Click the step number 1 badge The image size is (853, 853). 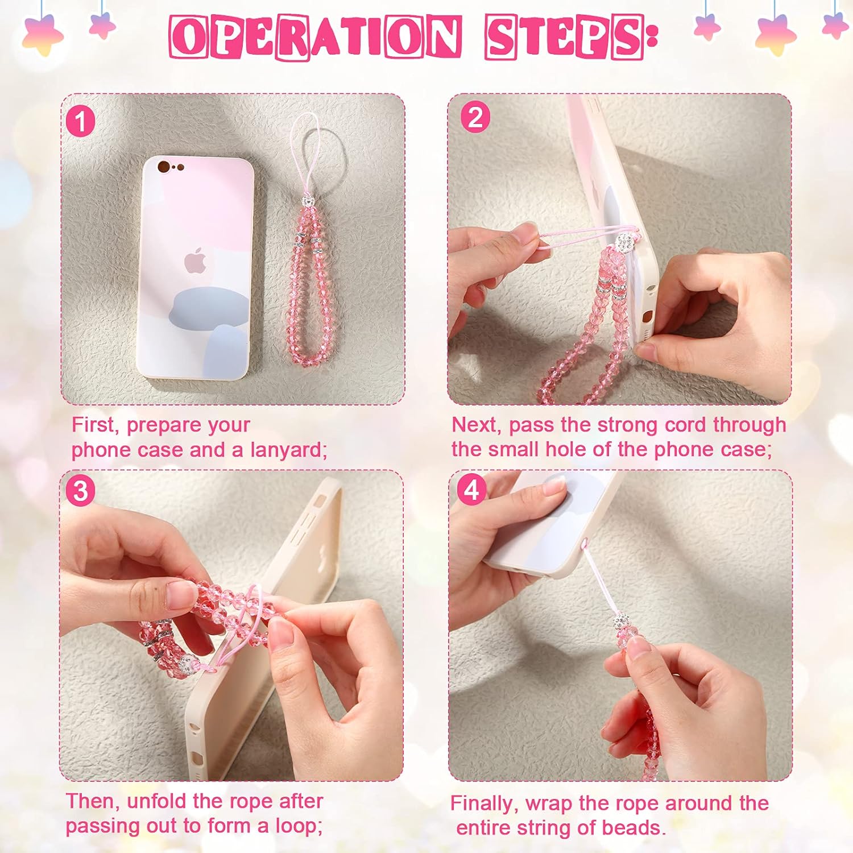click(80, 122)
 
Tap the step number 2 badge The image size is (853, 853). click(475, 118)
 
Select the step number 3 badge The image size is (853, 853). click(80, 491)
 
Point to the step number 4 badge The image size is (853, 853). click(472, 490)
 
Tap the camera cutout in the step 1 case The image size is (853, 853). click(170, 167)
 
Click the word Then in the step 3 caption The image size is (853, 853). click(91, 801)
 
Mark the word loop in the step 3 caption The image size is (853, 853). click(298, 826)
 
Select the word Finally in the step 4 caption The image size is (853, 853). click(483, 804)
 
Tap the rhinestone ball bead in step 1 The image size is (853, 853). click(307, 202)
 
